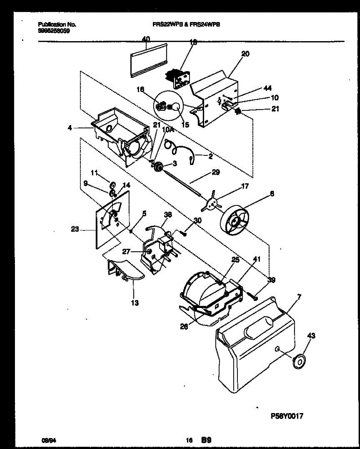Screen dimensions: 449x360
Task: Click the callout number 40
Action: coord(146,39)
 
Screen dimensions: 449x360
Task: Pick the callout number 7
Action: coord(299,297)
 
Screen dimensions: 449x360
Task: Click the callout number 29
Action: coord(216,172)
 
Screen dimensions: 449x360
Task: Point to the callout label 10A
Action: coord(169,129)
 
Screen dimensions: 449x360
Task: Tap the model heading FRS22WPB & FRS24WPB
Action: coord(186,24)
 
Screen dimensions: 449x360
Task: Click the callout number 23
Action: coord(75,229)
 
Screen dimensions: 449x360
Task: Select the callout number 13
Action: coord(135,303)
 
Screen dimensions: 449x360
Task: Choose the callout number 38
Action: coord(168,215)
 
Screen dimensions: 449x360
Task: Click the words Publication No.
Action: coord(57,24)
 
